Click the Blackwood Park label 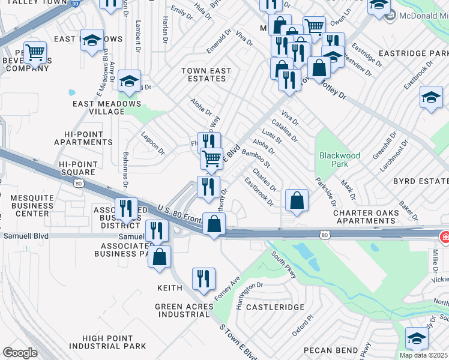point(340,160)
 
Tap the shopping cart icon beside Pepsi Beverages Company point(35,52)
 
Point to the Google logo point(19,353)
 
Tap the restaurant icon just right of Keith point(203,279)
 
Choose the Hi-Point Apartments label point(83,138)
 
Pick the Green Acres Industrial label point(184,310)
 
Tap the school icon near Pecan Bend point(417,339)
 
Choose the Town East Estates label point(206,74)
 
